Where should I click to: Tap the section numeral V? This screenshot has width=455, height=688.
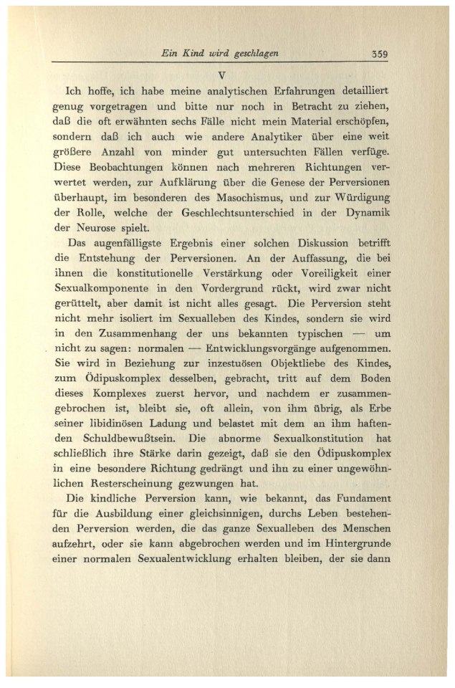pos(221,74)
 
